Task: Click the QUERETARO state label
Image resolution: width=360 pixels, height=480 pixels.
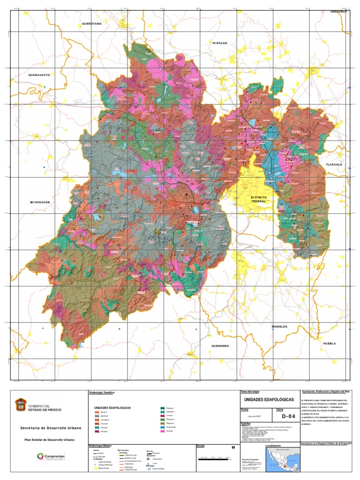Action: [91, 23]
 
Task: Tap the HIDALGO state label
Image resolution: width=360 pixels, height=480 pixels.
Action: [219, 43]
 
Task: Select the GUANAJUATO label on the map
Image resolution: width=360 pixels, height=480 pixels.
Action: [39, 75]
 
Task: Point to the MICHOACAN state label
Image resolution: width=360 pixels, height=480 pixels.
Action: [40, 202]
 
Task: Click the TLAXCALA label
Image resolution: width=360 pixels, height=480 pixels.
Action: [335, 165]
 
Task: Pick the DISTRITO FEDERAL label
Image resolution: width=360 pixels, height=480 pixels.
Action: [259, 200]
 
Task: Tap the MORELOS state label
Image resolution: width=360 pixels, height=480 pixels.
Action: [279, 326]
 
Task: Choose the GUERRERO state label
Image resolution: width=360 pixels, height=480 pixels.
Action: [219, 346]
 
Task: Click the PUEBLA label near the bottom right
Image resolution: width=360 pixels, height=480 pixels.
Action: [330, 344]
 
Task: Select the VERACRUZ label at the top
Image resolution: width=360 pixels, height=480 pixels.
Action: [338, 11]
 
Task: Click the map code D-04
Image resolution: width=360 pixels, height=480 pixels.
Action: [289, 416]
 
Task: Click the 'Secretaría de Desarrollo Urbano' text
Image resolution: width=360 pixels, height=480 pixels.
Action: [51, 428]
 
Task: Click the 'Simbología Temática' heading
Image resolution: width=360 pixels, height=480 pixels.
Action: [102, 392]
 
